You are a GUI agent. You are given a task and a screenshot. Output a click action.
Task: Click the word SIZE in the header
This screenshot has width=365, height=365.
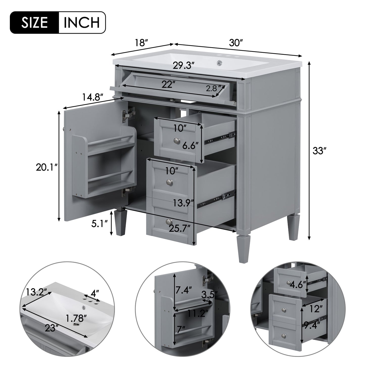[34, 22]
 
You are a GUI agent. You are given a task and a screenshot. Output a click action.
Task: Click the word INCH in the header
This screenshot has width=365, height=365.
[81, 22]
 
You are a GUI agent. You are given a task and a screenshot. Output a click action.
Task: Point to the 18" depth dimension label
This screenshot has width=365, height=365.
[141, 43]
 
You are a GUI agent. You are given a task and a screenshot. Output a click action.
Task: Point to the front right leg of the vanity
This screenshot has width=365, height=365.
[242, 249]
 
